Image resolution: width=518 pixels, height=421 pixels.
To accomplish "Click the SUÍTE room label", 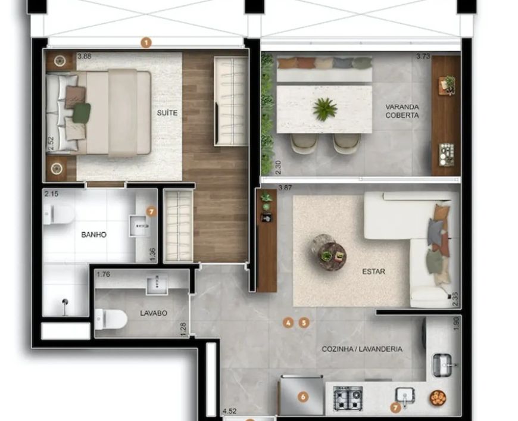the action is pos(167,113).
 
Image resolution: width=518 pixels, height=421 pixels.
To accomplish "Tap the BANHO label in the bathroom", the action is pos(94,235).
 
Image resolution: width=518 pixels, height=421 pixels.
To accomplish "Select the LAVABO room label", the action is pos(154,313).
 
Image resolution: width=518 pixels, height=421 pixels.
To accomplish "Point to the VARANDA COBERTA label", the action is pos(402,111).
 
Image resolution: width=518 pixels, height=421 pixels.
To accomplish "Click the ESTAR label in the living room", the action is pos(374,272).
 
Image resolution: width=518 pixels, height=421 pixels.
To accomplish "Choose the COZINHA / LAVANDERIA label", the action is pos(362,349).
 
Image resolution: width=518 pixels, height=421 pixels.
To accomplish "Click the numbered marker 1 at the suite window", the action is pos(146,43).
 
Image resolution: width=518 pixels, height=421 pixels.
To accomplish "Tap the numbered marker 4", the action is pos(288,323).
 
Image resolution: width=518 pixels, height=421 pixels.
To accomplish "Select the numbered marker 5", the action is pos(304,323).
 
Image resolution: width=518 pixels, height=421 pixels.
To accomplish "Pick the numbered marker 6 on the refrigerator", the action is pos(303,397).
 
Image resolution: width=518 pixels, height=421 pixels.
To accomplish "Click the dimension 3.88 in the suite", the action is pos(84,56).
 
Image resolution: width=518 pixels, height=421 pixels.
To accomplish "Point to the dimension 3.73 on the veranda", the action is pos(423,56).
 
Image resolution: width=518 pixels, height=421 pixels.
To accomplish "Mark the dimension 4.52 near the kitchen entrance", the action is pos(230,411).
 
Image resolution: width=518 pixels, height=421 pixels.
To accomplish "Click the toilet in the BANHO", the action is pos(58,214).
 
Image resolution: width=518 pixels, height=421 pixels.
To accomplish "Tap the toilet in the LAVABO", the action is pos(111,319).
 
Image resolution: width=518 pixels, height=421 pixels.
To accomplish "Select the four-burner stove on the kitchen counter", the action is pos(348,398).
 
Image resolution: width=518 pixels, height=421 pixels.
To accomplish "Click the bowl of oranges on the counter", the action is pos(438,398).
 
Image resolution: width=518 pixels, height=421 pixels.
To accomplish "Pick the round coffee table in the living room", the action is pos(332,254).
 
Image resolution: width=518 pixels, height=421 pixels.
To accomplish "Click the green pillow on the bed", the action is pos(81,113).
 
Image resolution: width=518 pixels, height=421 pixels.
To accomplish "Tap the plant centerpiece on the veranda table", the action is pos(325,109).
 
